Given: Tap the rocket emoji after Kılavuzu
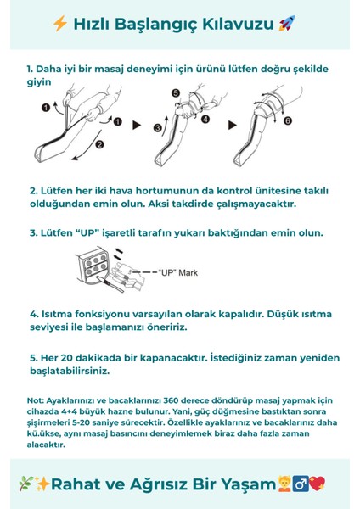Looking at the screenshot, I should (287, 24).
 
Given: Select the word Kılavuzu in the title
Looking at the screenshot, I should (245, 24).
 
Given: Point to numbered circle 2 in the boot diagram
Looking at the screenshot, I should (98, 145).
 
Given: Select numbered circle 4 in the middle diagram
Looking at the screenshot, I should (205, 120).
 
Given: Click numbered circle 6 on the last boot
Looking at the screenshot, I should (287, 121).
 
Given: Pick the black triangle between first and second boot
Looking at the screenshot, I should (135, 125).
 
